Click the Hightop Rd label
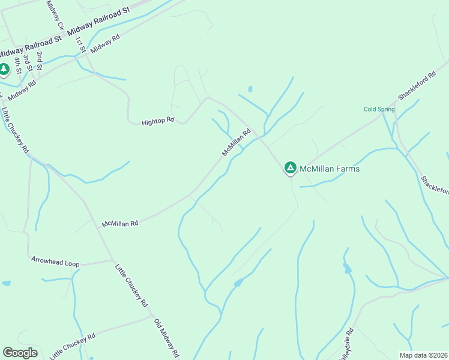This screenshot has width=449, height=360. (x=158, y=122)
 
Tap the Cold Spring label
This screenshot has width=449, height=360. (x=379, y=109)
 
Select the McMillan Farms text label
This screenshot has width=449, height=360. (x=330, y=169)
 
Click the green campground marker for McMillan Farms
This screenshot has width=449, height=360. (x=291, y=168)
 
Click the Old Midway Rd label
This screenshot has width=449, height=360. (x=167, y=338)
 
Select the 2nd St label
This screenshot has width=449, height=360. (x=40, y=59)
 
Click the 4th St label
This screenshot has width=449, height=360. (x=19, y=64)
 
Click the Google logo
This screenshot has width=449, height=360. (x=20, y=353)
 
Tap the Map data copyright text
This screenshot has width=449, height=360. (x=423, y=355)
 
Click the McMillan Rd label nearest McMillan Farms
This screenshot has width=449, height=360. (x=236, y=143)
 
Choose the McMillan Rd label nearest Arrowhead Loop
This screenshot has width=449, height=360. (x=120, y=223)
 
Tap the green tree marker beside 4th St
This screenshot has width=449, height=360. (x=4, y=70)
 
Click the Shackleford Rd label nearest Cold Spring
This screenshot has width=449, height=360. (x=417, y=88)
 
